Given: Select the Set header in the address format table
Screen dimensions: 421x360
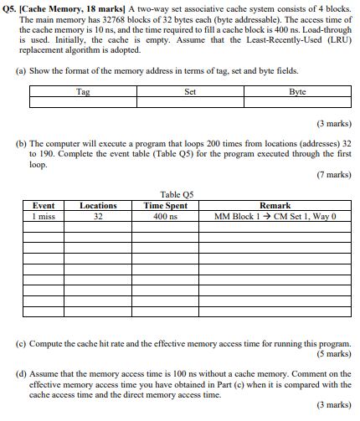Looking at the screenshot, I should (190, 91).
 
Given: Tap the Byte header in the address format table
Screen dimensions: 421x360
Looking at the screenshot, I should (297, 91).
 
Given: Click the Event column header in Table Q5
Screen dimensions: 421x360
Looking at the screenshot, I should (44, 205).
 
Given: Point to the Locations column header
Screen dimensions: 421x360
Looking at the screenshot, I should (98, 205).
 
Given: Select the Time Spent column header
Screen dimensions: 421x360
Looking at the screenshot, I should (166, 205).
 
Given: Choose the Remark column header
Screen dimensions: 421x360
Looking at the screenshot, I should (275, 205).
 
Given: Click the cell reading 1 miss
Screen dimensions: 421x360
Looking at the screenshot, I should (44, 216).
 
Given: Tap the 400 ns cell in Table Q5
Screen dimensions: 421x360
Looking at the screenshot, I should (166, 216).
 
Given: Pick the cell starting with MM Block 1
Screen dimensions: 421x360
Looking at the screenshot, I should (275, 216).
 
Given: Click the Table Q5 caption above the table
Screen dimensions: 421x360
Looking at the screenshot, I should (177, 194).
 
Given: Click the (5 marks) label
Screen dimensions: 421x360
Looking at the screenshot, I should (334, 352).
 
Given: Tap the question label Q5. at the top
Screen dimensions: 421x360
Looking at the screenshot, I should (12, 7).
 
